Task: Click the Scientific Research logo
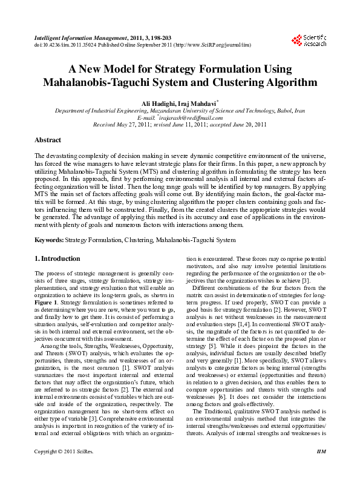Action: (x=309, y=40)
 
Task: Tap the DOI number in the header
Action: (x=59, y=45)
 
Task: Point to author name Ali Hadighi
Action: (x=160, y=103)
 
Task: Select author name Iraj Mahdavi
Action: (x=198, y=103)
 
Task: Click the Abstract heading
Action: (x=48, y=140)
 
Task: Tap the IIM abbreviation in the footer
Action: (x=321, y=469)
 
